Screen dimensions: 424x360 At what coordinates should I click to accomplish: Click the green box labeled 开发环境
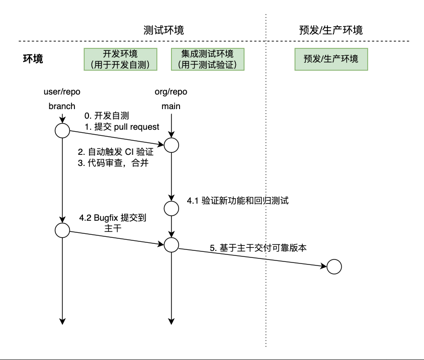(x=120, y=59)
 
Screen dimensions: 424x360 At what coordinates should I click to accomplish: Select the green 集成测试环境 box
(x=208, y=59)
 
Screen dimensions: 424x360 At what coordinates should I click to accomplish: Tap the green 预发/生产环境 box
(x=331, y=59)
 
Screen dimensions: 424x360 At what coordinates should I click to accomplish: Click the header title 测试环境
(x=163, y=30)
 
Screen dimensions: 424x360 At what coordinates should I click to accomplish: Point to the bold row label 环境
(x=33, y=59)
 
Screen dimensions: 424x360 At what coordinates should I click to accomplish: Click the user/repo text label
(x=62, y=92)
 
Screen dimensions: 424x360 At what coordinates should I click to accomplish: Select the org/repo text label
(x=171, y=92)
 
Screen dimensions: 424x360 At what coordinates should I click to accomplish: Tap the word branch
(x=62, y=106)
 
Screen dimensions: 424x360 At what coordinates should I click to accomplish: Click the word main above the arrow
(x=171, y=106)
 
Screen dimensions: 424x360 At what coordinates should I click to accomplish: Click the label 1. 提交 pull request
(x=122, y=127)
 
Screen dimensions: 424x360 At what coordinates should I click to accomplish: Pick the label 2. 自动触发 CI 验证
(x=116, y=152)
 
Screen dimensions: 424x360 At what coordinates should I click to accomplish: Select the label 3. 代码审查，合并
(x=113, y=163)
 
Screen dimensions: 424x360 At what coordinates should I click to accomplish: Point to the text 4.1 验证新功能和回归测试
(x=238, y=201)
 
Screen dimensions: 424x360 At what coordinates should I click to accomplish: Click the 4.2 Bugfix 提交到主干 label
(x=113, y=223)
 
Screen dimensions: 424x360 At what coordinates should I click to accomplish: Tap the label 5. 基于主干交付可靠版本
(x=258, y=248)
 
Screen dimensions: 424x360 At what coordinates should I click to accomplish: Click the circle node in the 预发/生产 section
(x=334, y=267)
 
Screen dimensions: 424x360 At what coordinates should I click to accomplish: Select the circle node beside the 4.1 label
(x=172, y=208)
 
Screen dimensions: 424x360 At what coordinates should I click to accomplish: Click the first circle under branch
(x=62, y=131)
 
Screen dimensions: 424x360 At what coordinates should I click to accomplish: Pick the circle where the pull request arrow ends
(x=172, y=145)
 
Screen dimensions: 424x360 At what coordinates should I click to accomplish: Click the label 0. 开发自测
(x=107, y=116)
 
